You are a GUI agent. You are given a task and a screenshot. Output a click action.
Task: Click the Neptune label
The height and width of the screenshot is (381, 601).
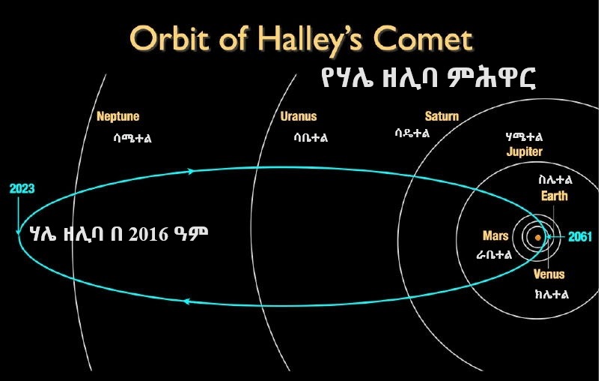point(118,116)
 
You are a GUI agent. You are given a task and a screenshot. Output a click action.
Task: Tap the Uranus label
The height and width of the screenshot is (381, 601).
point(299,116)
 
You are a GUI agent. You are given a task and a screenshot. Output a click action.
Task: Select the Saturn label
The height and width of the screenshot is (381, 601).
point(442,116)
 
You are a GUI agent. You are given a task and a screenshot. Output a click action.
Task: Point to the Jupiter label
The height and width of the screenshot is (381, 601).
point(525,151)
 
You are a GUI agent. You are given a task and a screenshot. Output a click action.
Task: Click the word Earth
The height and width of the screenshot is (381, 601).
point(555,196)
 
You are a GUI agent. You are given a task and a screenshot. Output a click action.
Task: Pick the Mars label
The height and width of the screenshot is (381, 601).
point(495,235)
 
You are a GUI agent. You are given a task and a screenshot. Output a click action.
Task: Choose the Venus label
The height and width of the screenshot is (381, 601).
point(549,274)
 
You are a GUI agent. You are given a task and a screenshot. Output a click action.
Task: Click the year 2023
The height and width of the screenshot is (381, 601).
point(22,188)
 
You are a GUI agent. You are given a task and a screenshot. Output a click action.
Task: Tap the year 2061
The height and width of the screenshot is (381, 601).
point(580,236)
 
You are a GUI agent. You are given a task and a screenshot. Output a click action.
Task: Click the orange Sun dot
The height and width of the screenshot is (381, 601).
point(538,238)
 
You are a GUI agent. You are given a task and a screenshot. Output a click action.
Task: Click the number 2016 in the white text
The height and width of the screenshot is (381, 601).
point(148,234)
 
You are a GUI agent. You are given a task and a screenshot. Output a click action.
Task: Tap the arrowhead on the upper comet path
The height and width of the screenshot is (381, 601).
point(191,171)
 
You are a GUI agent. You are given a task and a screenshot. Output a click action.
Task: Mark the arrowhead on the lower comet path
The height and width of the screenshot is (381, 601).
point(186,301)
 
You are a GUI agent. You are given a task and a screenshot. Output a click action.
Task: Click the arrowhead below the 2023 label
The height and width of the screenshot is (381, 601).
point(18,231)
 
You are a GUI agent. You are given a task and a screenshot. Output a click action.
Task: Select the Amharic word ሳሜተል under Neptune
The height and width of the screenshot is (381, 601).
point(132,138)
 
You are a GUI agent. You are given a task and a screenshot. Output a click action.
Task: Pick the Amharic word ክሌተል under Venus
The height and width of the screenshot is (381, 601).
point(552,294)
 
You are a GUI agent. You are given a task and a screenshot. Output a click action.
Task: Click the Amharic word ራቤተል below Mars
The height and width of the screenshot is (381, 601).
point(494,254)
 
